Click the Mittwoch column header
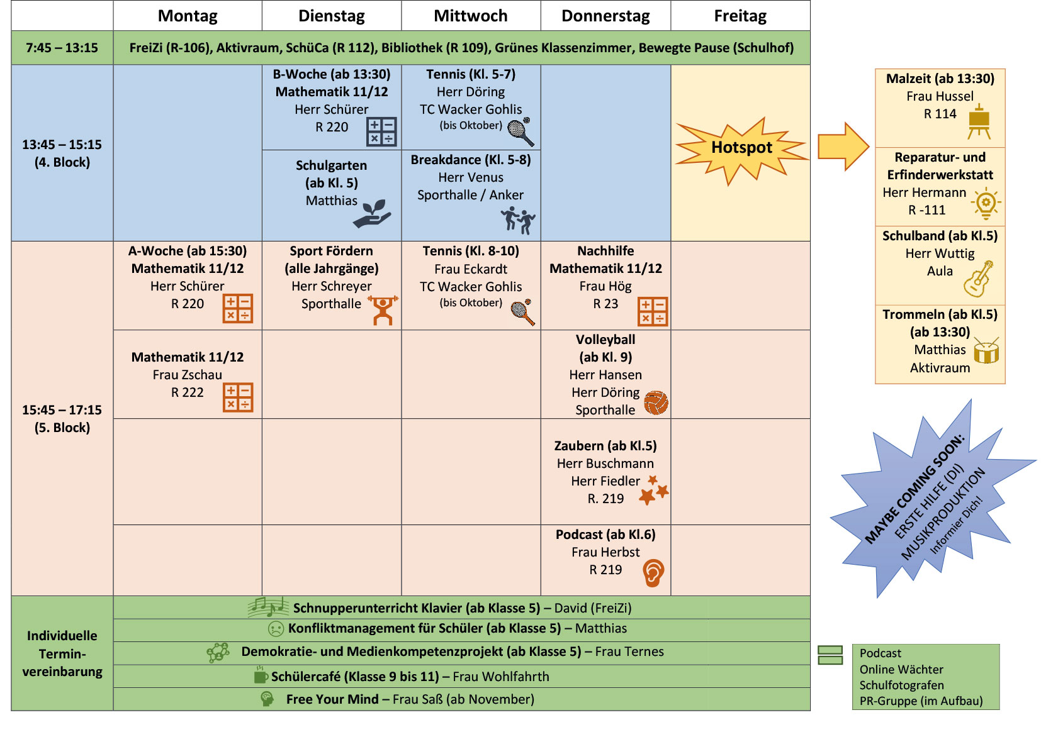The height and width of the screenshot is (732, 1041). [x=470, y=16]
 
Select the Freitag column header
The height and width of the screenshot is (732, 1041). [x=740, y=16]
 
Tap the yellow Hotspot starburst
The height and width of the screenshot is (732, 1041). [x=741, y=148]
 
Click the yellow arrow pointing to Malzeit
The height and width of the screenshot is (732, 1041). [x=843, y=147]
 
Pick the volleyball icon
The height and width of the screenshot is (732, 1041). [x=656, y=403]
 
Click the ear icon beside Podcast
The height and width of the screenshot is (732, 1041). [x=653, y=573]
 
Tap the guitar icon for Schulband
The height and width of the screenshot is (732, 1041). [x=978, y=279]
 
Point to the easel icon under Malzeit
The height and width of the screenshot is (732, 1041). [x=979, y=122]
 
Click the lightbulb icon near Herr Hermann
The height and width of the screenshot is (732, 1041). [x=986, y=203]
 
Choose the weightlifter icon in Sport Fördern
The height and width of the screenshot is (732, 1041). [x=383, y=310]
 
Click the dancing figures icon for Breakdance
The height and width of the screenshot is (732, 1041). [x=518, y=221]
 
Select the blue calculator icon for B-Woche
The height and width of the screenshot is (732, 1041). [x=381, y=131]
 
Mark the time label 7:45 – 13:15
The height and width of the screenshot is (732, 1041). [x=62, y=48]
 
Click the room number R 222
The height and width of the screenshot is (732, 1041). [x=188, y=392]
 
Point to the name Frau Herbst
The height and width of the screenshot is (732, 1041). [x=605, y=552]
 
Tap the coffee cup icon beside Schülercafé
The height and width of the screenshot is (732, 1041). [x=261, y=676]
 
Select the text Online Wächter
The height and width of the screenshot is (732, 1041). [x=901, y=669]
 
